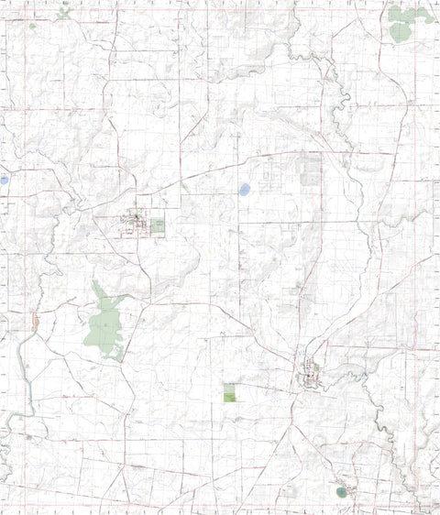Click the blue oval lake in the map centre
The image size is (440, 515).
[244, 190]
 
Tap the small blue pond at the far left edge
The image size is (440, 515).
[4, 181]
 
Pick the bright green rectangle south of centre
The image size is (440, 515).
[229, 393]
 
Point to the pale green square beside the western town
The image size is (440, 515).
[158, 225]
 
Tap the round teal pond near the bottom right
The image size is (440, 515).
[342, 492]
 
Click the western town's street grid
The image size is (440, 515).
[135, 223]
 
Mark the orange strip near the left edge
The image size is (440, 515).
[35, 321]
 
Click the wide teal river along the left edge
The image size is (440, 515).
[23, 367]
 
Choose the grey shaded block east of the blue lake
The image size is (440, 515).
[312, 170]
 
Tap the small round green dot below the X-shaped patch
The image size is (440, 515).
[33, 26]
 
